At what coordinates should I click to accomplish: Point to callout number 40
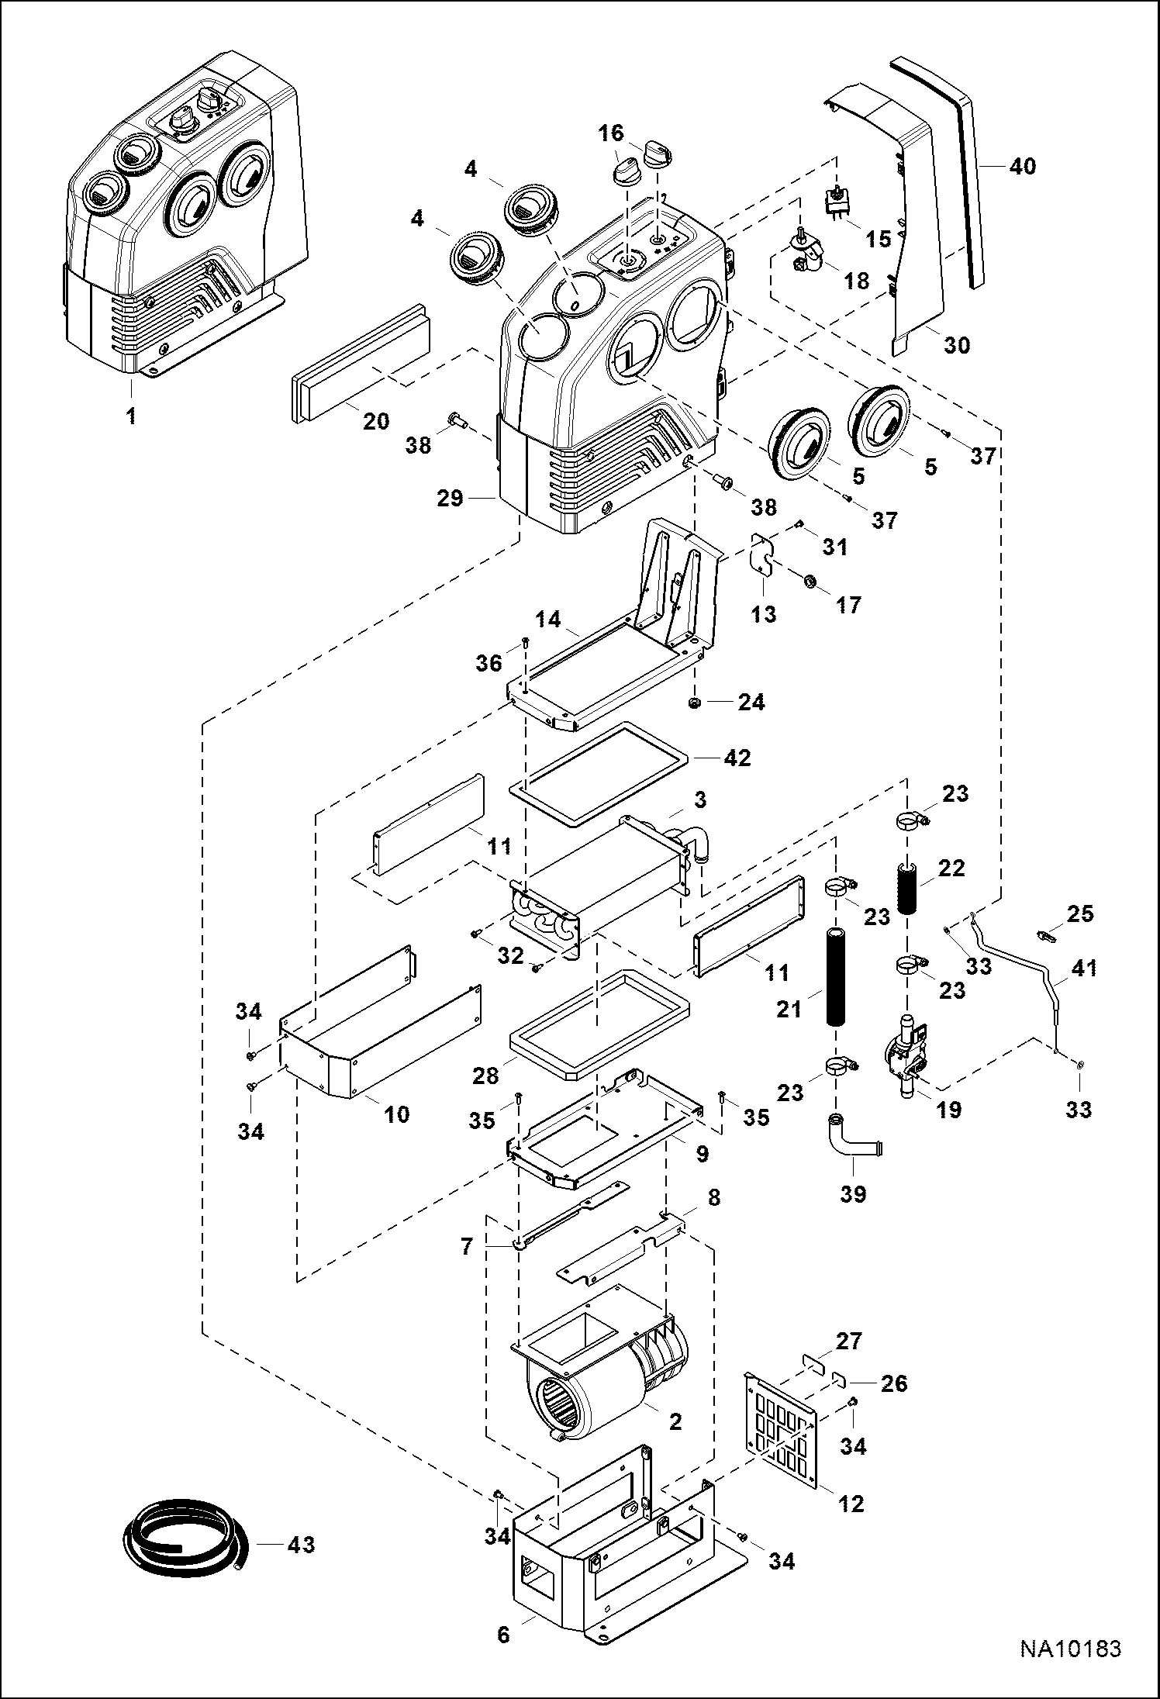tap(1023, 166)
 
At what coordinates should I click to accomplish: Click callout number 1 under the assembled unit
tap(132, 416)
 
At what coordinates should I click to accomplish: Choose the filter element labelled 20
tap(363, 365)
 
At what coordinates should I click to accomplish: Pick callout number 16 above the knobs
tap(612, 133)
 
